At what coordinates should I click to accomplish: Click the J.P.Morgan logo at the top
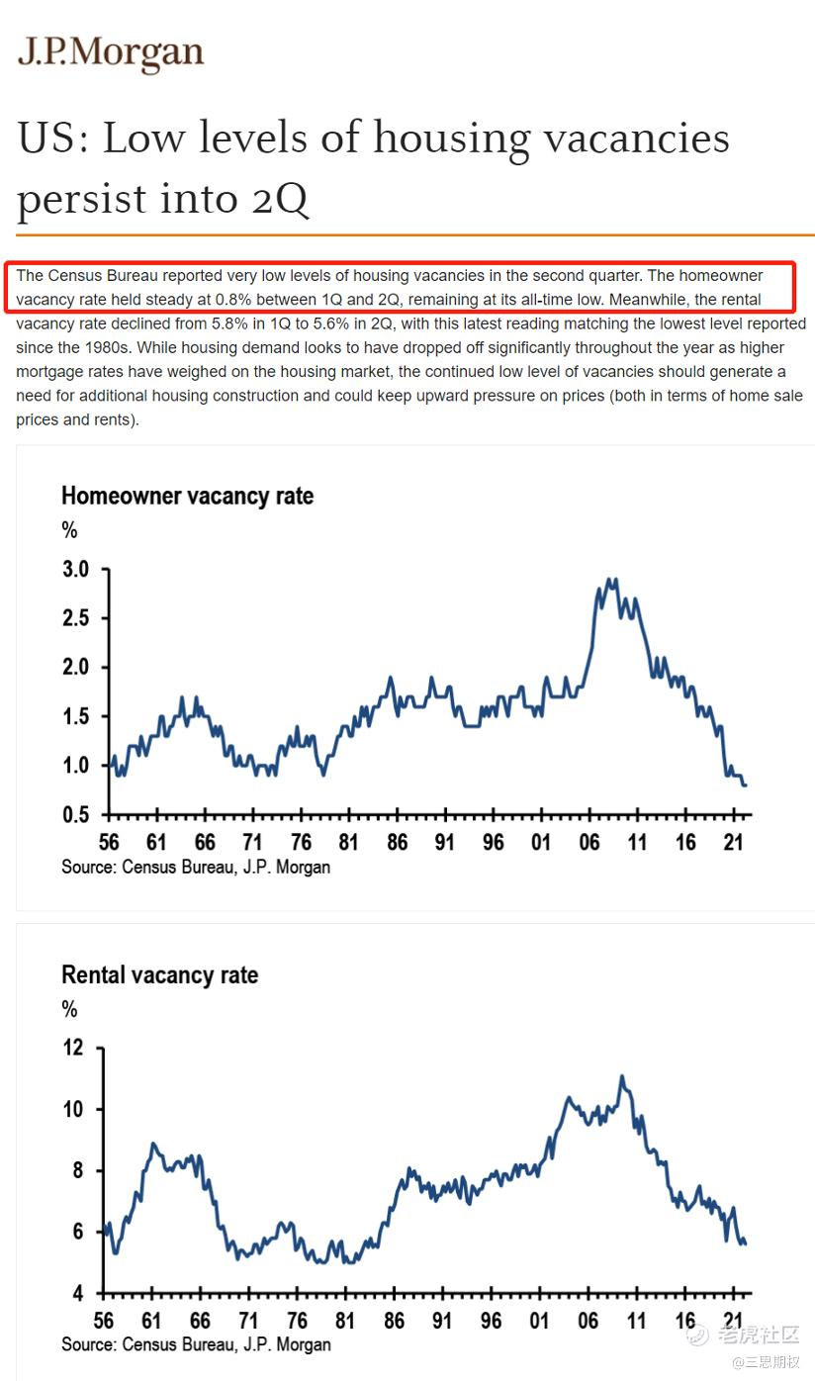111,53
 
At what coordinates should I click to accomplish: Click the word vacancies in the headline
623,138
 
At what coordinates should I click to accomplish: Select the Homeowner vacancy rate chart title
187,496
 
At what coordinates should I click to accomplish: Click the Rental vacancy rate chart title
159,974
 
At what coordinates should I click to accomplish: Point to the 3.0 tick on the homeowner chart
76,570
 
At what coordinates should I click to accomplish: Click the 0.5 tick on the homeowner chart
76,814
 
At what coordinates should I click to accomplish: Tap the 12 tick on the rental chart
74,1048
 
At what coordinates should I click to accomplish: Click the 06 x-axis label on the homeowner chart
589,842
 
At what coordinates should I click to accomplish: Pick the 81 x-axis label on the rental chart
345,1321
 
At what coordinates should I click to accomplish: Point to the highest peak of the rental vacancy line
621,1076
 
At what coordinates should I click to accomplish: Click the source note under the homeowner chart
196,868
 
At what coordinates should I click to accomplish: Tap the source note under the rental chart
196,1345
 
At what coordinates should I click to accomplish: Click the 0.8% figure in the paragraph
232,299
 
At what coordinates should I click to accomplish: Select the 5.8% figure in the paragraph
232,323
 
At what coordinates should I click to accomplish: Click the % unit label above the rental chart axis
69,1010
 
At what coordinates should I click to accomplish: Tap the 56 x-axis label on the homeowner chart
108,842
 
